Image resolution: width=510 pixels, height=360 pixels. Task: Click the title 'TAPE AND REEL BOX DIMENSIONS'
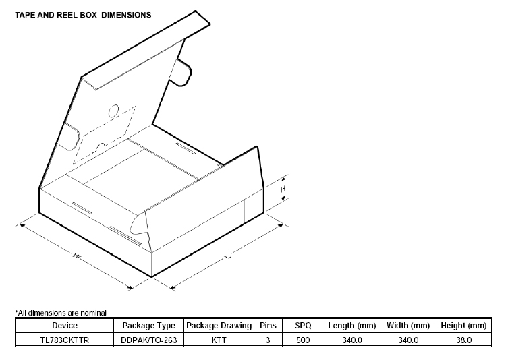(84, 14)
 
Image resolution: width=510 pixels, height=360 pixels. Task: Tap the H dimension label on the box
(283, 190)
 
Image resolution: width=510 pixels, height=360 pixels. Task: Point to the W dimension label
(76, 256)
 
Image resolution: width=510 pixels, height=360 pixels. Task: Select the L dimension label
(227, 257)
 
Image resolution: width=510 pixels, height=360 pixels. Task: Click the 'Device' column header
(65, 326)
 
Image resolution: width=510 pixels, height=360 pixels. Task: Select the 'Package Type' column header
(149, 326)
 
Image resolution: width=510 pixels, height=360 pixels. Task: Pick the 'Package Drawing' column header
(219, 326)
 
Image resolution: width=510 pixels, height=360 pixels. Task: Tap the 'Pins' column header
(268, 326)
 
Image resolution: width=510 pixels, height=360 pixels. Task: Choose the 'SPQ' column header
(303, 326)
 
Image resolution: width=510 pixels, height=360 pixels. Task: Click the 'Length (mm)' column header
(352, 326)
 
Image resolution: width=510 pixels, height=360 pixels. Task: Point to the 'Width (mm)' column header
(408, 326)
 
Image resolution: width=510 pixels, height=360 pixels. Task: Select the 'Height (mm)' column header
(463, 326)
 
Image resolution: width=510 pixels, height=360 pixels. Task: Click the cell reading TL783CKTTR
(65, 340)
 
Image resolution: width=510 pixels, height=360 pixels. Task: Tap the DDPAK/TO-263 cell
(149, 340)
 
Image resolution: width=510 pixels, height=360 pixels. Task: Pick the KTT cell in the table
(219, 340)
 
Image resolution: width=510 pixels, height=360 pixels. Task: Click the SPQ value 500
(303, 340)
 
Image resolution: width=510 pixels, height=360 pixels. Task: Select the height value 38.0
(463, 340)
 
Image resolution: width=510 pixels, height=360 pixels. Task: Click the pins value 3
(268, 340)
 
